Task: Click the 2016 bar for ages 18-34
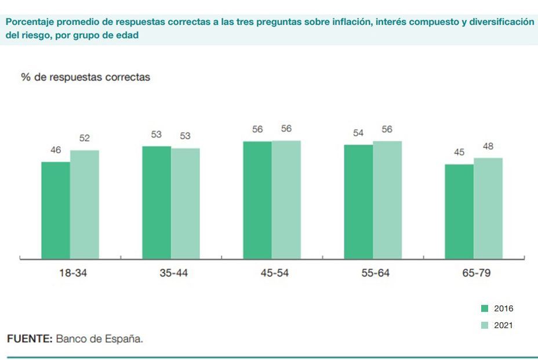click(x=56, y=210)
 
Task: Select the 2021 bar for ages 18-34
click(x=85, y=205)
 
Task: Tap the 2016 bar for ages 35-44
click(x=157, y=202)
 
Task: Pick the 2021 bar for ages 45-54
click(x=286, y=199)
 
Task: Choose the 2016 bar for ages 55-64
click(x=358, y=202)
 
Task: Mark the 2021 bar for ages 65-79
click(x=488, y=208)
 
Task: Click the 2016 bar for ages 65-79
click(x=459, y=212)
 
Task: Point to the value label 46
click(x=56, y=150)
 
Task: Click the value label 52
click(x=85, y=139)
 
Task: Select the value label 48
click(x=488, y=146)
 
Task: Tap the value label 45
click(x=459, y=152)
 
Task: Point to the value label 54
click(x=358, y=133)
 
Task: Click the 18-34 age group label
click(x=73, y=273)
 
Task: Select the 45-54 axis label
click(x=275, y=273)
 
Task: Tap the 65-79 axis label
click(x=477, y=273)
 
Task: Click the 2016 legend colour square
click(x=485, y=308)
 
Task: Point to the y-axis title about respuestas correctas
click(x=85, y=77)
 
